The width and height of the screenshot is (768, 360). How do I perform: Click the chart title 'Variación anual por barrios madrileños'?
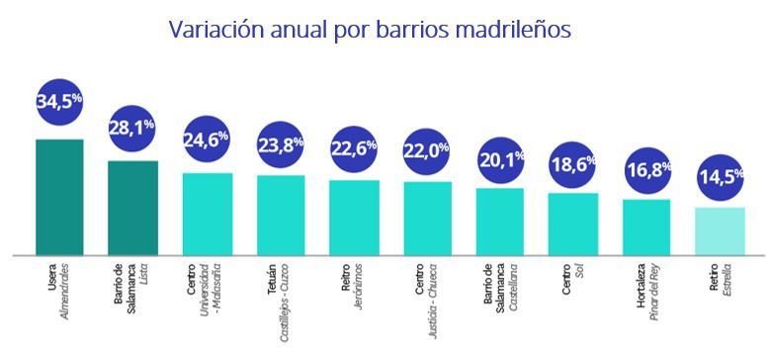370,30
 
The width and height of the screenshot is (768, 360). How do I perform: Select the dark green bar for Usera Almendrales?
59,197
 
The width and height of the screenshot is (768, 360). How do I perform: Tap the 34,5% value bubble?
59,102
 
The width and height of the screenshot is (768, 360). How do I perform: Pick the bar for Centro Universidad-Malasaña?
208,214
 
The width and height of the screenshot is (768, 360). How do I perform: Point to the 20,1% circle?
500,155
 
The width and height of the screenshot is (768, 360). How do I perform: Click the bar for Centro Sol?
573,224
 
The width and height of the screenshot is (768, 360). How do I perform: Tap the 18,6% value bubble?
573,161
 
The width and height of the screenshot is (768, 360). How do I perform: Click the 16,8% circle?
646,169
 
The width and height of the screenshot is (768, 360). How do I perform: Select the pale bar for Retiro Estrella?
720,231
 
